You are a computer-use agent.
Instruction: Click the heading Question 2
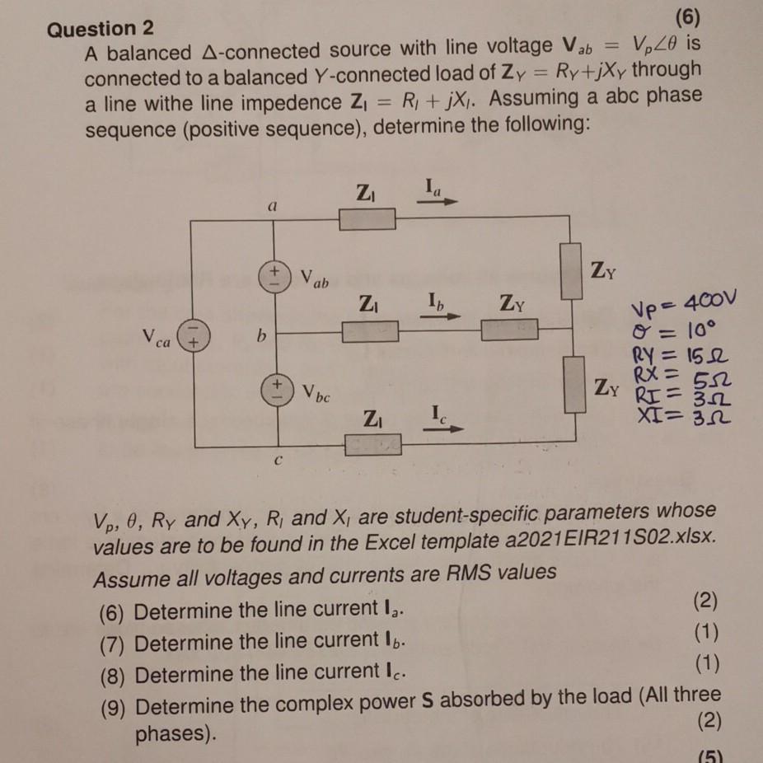101,29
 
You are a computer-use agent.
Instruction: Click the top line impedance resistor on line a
367,219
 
